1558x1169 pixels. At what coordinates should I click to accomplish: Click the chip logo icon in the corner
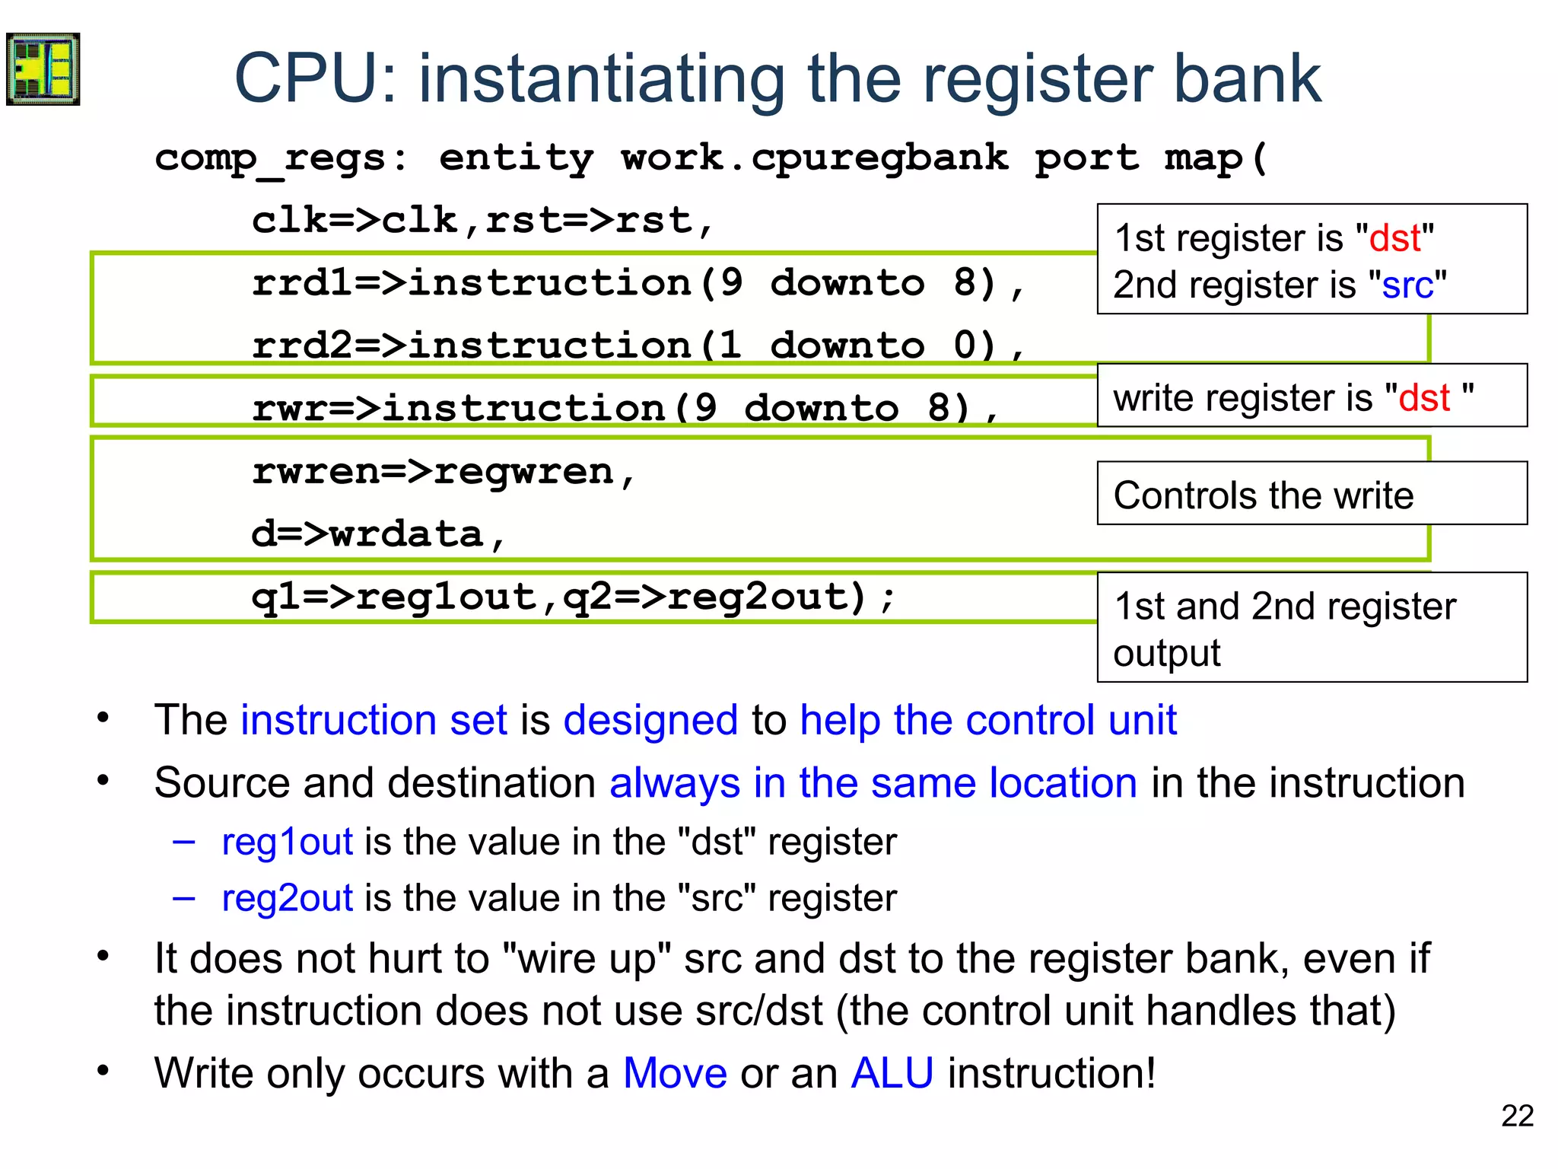click(x=43, y=69)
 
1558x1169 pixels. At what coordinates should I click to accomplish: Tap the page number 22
click(x=1517, y=1116)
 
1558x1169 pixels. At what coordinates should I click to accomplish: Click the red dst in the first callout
click(x=1394, y=238)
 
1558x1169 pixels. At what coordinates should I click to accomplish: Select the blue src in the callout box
click(x=1407, y=285)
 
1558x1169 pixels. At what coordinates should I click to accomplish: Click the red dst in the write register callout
click(x=1424, y=398)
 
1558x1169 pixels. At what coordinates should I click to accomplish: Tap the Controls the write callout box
click(x=1312, y=495)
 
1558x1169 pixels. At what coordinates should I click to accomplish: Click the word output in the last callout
click(x=1166, y=653)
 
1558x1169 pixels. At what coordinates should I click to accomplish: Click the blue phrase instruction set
click(x=374, y=720)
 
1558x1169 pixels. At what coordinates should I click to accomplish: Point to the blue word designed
click(x=650, y=720)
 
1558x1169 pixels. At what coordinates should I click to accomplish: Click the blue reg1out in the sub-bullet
click(x=287, y=842)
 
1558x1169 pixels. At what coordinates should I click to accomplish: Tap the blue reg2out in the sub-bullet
click(x=287, y=898)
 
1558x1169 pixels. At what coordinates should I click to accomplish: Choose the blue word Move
click(x=675, y=1073)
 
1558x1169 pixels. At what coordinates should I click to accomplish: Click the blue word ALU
click(x=892, y=1073)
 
